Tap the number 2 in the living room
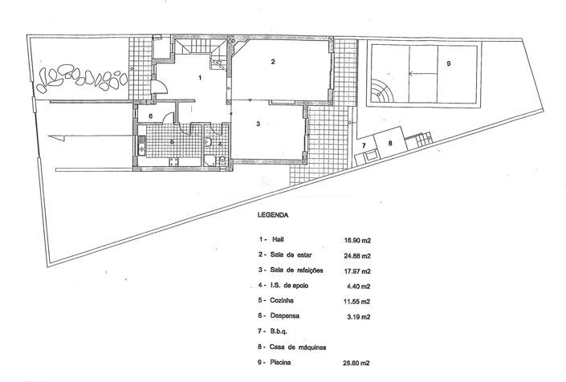pos(273,62)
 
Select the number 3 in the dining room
pos(259,124)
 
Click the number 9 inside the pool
pos(449,63)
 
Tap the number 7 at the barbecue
pos(364,145)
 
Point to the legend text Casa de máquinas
pos(301,347)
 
